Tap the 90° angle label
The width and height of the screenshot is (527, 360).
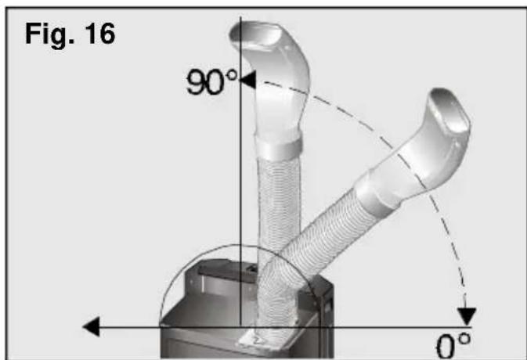(x=211, y=81)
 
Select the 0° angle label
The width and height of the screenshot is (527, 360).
(x=453, y=345)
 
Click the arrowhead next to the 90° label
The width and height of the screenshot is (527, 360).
(x=247, y=80)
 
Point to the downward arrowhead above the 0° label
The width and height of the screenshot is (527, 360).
(x=467, y=316)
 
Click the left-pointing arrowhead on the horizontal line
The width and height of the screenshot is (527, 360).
(x=92, y=326)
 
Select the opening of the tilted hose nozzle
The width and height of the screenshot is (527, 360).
(x=449, y=111)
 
